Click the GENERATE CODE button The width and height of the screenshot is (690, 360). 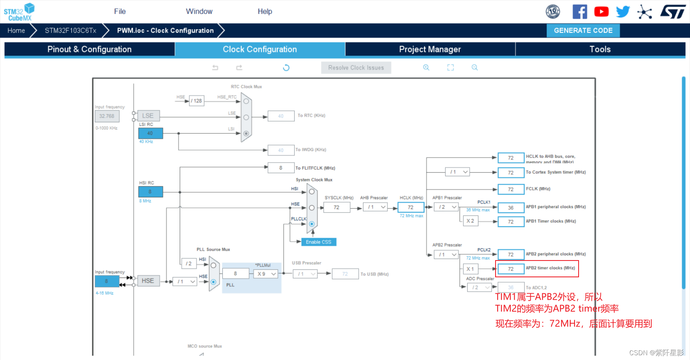[x=583, y=30]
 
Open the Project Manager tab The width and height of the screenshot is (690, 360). [x=430, y=49]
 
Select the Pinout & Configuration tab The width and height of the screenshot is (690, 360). [x=89, y=49]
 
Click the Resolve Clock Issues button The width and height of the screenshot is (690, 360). [x=356, y=68]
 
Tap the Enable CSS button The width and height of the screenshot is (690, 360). [x=318, y=242]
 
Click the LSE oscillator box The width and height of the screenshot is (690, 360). [x=148, y=115]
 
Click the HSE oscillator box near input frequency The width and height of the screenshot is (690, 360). [x=148, y=281]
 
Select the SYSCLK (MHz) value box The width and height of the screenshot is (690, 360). [x=336, y=207]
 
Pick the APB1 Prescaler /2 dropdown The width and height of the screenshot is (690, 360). [x=447, y=207]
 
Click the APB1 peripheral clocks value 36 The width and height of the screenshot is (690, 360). [x=511, y=208]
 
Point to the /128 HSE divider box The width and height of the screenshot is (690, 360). [x=196, y=101]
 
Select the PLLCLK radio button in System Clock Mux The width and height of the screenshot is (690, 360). [x=311, y=224]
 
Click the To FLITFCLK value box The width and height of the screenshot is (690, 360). [x=281, y=168]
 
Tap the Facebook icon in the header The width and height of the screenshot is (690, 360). [x=579, y=12]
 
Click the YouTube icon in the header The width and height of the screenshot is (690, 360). [x=601, y=12]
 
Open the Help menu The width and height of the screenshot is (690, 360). [x=265, y=12]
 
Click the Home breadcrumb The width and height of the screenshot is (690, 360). [x=16, y=30]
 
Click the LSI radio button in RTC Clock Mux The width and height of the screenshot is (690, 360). [x=246, y=133]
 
